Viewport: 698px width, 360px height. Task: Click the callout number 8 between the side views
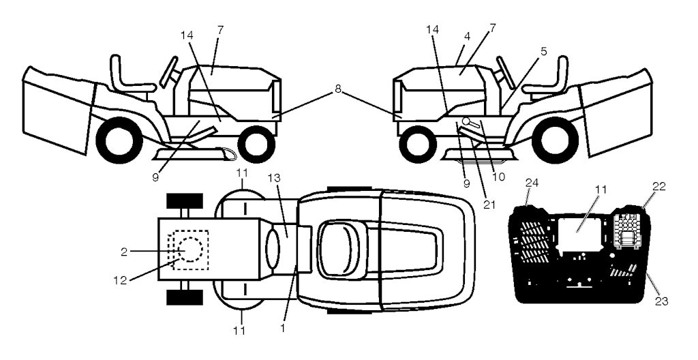338,89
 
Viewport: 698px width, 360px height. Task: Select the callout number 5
543,50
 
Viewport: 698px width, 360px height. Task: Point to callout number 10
499,177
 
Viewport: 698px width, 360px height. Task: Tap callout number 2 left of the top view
124,252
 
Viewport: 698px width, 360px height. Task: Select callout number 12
120,280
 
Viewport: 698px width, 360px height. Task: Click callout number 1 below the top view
282,329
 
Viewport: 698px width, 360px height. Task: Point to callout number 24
532,182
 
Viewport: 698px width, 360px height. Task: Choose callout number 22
659,186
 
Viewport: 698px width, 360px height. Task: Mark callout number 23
661,301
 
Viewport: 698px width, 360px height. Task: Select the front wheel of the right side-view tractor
418,145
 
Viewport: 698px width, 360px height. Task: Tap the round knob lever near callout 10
466,121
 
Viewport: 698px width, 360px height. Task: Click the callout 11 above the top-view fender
242,172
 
